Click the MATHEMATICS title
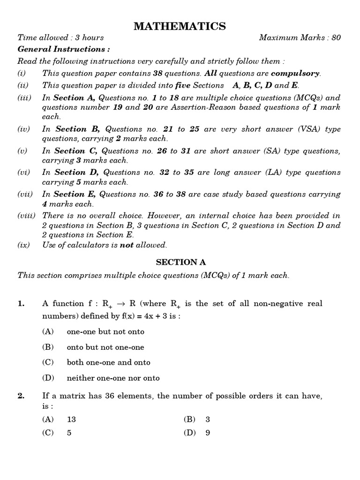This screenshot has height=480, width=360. click(180, 26)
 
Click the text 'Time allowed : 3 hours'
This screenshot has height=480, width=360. click(60, 38)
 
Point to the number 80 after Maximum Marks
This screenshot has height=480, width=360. click(336, 38)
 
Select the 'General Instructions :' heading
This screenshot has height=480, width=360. click(64, 49)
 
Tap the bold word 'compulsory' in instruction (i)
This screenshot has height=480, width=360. click(295, 73)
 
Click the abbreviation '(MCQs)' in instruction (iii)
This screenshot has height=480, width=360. click(307, 98)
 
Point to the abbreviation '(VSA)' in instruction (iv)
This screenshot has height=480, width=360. click(300, 129)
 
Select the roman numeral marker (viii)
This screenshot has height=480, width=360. click(27, 216)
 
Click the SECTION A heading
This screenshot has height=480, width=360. click(180, 262)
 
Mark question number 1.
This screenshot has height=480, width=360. click(21, 304)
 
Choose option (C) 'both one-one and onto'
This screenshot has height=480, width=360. click(108, 362)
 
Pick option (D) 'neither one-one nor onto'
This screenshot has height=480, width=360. click(113, 378)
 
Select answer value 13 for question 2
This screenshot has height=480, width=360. click(71, 420)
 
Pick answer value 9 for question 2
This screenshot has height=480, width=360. click(208, 433)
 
